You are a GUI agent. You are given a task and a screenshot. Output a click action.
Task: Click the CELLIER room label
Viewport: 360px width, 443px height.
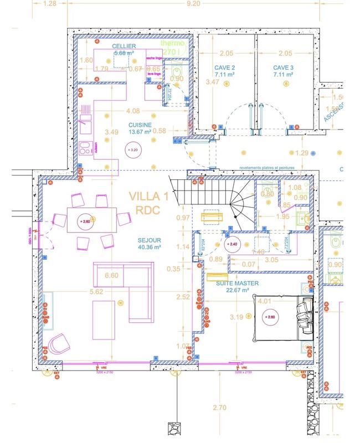tap(124, 46)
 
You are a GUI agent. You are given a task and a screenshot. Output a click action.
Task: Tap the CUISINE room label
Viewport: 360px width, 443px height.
tap(140, 125)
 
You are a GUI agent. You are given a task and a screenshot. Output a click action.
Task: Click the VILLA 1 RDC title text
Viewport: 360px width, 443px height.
tap(148, 203)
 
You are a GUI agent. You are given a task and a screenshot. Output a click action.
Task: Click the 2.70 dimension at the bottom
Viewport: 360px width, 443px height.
tap(220, 408)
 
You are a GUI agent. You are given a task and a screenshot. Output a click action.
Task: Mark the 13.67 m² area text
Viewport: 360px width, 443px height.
tap(140, 132)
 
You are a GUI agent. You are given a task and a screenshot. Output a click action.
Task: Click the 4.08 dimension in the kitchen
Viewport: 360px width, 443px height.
tap(133, 111)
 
